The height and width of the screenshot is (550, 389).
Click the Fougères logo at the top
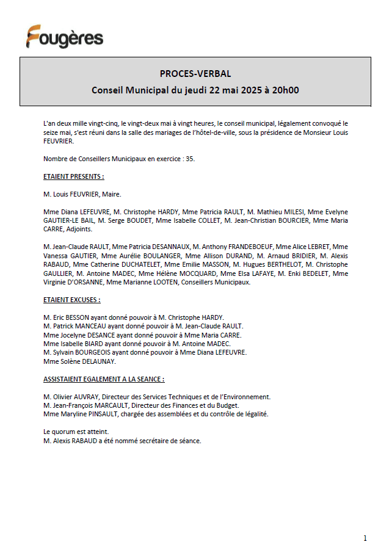64,37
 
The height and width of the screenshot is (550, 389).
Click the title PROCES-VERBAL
195,74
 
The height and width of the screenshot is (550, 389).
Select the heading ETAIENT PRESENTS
73,176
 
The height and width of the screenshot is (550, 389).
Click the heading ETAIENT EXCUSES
71,300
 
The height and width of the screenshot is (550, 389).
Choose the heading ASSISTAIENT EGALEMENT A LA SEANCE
103,379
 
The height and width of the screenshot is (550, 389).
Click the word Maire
111,194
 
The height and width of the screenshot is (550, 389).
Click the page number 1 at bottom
365,538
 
